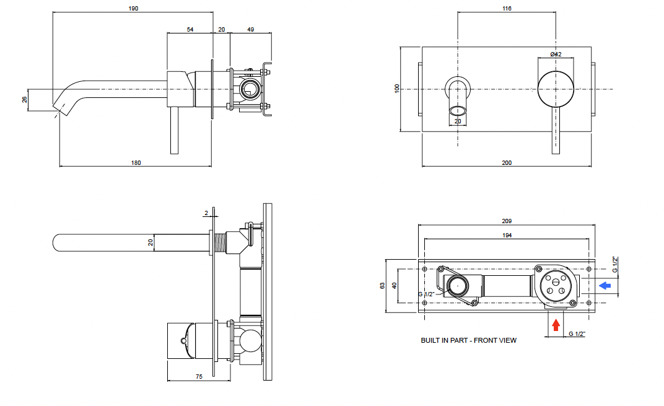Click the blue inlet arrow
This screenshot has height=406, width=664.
click(x=605, y=286)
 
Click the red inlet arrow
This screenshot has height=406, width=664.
click(x=556, y=325)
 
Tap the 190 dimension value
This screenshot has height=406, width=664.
click(x=133, y=9)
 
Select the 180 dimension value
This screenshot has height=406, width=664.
click(x=136, y=163)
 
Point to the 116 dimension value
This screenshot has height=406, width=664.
click(x=507, y=9)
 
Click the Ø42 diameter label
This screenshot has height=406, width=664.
click(x=556, y=55)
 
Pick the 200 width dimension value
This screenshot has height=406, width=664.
click(x=507, y=163)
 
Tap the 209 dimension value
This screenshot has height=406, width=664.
click(x=507, y=221)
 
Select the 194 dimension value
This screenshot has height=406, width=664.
click(x=507, y=235)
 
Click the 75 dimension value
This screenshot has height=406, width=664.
click(x=199, y=376)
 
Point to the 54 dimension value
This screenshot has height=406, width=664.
click(x=190, y=30)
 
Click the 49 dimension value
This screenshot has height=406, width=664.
click(x=251, y=30)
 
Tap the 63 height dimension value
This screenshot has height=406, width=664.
click(x=383, y=286)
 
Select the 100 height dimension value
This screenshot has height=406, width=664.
click(x=397, y=88)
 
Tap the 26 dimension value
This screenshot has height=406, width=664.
click(x=25, y=100)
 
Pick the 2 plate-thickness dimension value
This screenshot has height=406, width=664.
click(x=206, y=213)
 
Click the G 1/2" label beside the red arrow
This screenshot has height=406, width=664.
click(x=577, y=334)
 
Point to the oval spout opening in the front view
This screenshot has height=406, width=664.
click(x=458, y=111)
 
